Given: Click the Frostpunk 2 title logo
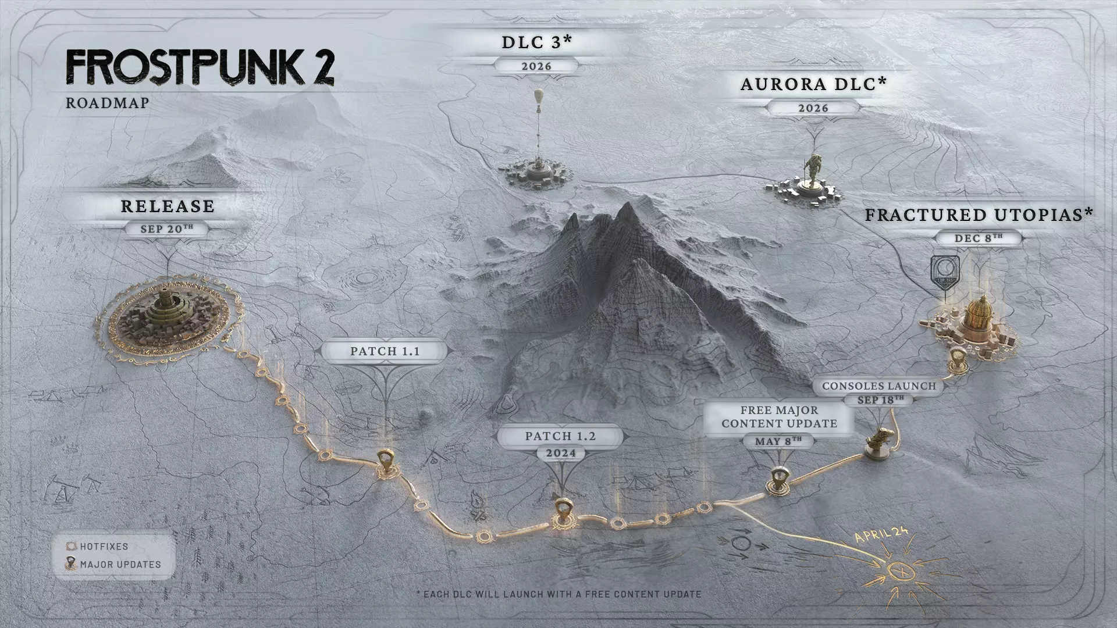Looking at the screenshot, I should point(200,67).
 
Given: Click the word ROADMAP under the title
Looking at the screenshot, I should point(108,103).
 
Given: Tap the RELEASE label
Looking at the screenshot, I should point(168,206).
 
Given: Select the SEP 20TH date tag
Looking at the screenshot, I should point(166,229).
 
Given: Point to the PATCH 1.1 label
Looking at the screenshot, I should point(385,351).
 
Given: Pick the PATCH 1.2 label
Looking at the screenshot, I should point(560,436).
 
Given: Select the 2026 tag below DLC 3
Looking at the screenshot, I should point(536,66).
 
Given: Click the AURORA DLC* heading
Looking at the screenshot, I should point(813,84).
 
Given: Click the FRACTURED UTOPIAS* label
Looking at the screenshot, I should point(979,215).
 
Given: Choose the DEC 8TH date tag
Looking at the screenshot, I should point(979,238).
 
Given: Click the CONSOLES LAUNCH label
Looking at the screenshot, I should point(879,386).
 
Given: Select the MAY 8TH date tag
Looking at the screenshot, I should point(778,441).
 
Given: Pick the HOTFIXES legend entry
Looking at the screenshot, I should point(104,547).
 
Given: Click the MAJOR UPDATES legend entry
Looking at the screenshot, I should point(120,564).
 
